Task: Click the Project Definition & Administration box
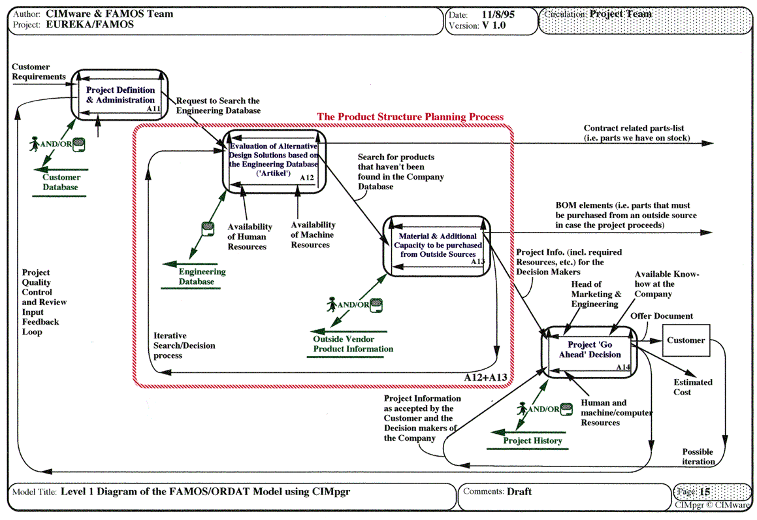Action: click(121, 95)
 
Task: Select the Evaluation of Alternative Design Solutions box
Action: click(274, 159)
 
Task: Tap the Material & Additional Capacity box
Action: click(435, 245)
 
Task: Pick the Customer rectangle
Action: click(686, 340)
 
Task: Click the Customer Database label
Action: click(61, 182)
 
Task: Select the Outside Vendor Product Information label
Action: click(353, 344)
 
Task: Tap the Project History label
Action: click(532, 441)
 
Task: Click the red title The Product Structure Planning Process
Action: click(410, 117)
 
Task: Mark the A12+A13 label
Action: click(486, 378)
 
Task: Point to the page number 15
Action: click(704, 492)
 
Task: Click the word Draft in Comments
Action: click(519, 491)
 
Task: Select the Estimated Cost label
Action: click(693, 387)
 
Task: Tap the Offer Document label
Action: click(662, 316)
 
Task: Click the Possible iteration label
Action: click(698, 457)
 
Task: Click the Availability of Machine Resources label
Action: click(313, 235)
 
